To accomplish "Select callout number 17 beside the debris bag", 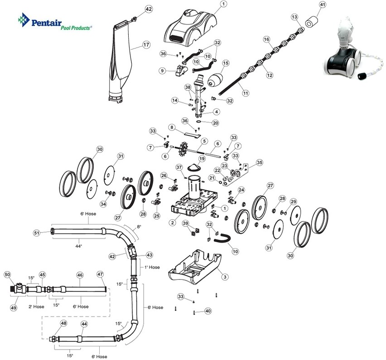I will coord(146,45).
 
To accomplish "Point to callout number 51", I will coord(38,233).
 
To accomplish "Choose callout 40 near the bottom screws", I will coord(208,311).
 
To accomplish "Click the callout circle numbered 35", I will coord(259,162).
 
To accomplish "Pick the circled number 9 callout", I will coord(161,71).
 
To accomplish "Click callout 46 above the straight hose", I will coord(80,275).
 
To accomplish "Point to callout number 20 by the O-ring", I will coord(215,123).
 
